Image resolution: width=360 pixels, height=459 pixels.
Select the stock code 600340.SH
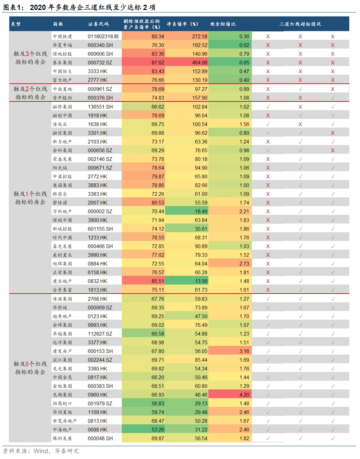(x=100, y=45)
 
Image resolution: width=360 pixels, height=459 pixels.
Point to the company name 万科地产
(x=62, y=211)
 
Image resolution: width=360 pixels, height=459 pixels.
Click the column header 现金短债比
(x=223, y=24)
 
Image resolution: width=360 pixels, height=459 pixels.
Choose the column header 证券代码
(x=98, y=24)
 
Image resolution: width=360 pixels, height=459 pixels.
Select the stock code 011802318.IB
(x=103, y=36)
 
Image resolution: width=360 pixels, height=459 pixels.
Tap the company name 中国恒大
(x=62, y=71)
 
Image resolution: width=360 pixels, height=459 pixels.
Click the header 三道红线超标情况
(x=300, y=24)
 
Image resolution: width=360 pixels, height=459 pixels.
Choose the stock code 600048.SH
(x=100, y=438)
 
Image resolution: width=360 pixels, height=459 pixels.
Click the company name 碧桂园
(x=60, y=203)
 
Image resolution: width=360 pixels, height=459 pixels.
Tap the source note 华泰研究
(x=67, y=451)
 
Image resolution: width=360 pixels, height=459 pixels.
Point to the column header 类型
(x=16, y=24)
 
